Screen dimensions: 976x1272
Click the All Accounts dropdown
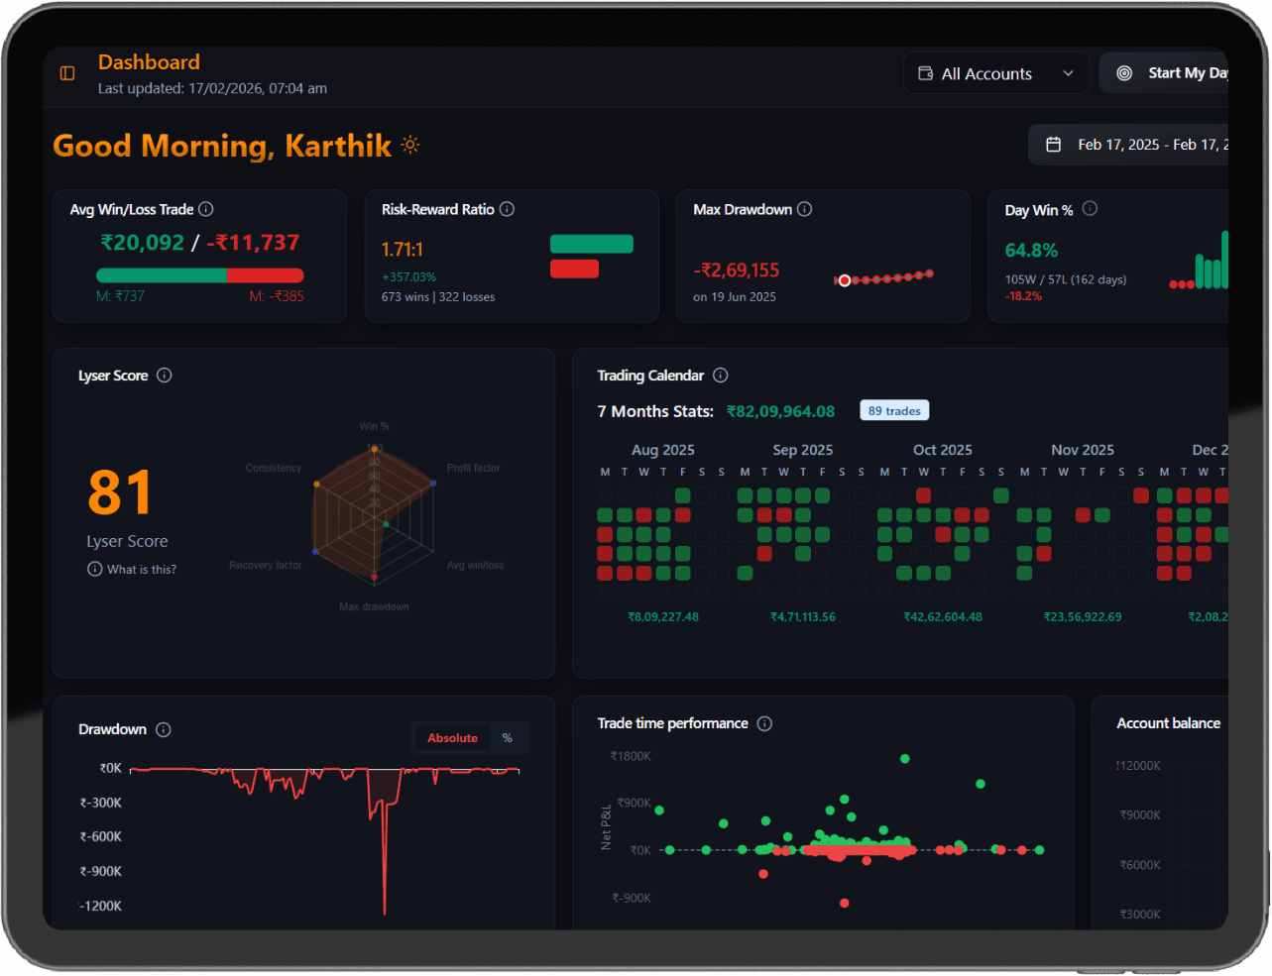pyautogui.click(x=995, y=73)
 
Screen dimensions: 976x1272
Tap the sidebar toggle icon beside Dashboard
pyautogui.click(x=67, y=73)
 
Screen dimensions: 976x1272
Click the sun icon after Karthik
pyautogui.click(x=410, y=146)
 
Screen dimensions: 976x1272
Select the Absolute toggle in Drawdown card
pyautogui.click(x=452, y=738)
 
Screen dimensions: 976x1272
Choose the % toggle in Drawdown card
pyautogui.click(x=508, y=738)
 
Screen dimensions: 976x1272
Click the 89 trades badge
pyautogui.click(x=894, y=411)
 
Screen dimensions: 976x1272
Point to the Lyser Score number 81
pyautogui.click(x=120, y=492)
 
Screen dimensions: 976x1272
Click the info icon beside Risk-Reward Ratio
pyautogui.click(x=507, y=209)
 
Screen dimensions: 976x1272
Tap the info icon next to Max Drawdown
pyautogui.click(x=805, y=209)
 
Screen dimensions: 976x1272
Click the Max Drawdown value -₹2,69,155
pyautogui.click(x=737, y=271)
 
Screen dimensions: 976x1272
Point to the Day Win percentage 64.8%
pyautogui.click(x=1031, y=251)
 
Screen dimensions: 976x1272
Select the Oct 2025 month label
pyautogui.click(x=942, y=450)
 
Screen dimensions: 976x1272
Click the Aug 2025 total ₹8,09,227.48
pyautogui.click(x=663, y=617)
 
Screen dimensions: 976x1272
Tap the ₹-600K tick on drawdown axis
pyautogui.click(x=101, y=837)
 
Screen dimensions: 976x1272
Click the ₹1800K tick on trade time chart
pyautogui.click(x=631, y=757)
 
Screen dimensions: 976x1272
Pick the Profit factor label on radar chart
pyautogui.click(x=473, y=468)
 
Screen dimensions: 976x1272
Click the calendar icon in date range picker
pyautogui.click(x=1054, y=145)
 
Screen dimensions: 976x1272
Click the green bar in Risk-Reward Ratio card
pyautogui.click(x=591, y=244)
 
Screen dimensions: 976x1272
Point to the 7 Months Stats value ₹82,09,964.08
pyautogui.click(x=780, y=411)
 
